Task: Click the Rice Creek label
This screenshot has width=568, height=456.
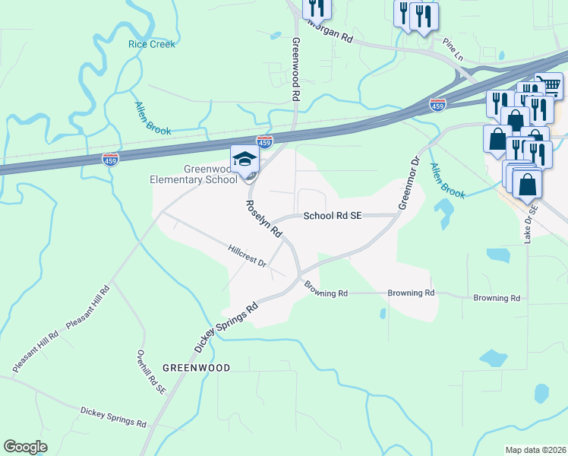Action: click(x=152, y=44)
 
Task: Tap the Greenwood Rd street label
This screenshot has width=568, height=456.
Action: click(x=297, y=70)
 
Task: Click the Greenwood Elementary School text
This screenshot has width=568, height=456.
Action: click(x=194, y=174)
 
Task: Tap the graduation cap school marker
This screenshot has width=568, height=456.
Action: click(x=245, y=160)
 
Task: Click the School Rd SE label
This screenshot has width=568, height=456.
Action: click(x=333, y=216)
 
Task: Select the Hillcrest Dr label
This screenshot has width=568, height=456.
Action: click(x=248, y=255)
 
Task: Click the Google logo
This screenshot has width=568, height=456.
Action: click(x=26, y=446)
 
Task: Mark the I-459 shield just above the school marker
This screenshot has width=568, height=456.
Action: click(x=264, y=141)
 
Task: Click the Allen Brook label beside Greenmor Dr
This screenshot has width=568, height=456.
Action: click(x=447, y=181)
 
